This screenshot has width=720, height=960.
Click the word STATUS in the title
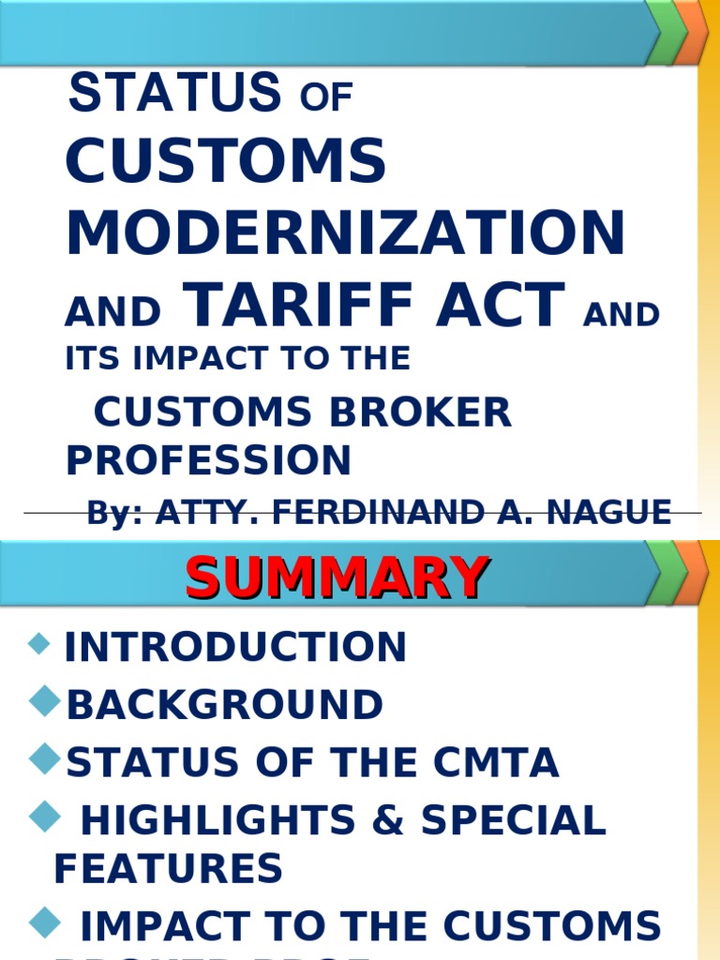tap(175, 92)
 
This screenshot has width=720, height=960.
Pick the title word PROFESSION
tap(208, 460)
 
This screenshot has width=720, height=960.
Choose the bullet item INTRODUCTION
tap(235, 647)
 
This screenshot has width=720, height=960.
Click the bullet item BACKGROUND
tap(225, 705)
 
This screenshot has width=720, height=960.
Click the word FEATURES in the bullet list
tap(169, 869)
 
